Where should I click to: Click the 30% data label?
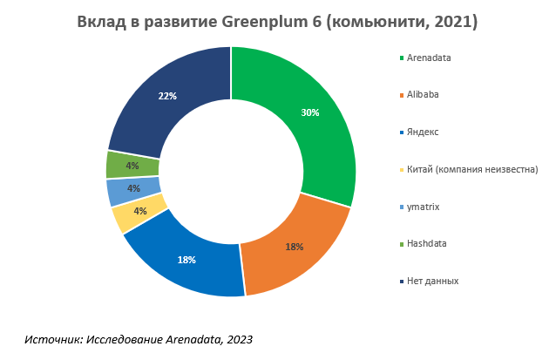(310, 112)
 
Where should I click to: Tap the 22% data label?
(167, 96)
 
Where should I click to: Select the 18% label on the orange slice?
(295, 247)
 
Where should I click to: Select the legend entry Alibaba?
(424, 95)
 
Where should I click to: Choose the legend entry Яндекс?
(423, 132)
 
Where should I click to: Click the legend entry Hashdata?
(426, 243)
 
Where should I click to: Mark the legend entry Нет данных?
(432, 281)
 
